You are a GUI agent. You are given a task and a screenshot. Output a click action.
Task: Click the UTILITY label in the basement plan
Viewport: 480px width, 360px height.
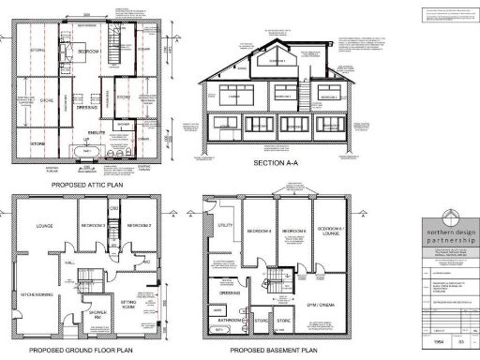tap(225, 226)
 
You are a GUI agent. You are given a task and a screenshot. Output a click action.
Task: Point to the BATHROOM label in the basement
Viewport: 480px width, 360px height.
tap(231, 320)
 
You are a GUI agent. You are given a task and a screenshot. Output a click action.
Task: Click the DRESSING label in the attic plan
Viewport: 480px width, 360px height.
tap(89, 109)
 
